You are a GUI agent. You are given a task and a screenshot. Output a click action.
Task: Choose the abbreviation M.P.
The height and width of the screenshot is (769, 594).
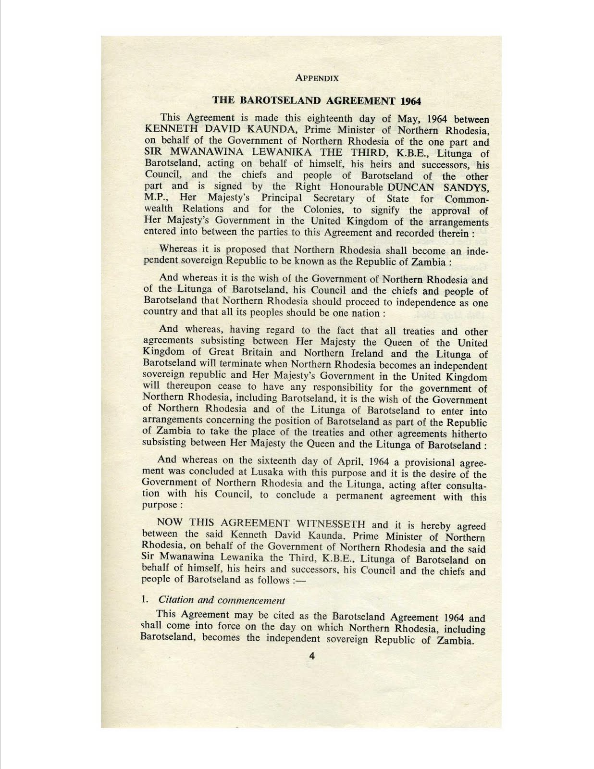click(156, 198)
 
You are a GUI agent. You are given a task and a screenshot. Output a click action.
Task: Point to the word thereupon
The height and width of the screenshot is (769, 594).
click(188, 386)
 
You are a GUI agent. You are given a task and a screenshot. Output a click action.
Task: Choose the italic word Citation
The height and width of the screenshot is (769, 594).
click(176, 600)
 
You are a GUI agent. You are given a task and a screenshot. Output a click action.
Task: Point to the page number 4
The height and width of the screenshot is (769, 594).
click(312, 657)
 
